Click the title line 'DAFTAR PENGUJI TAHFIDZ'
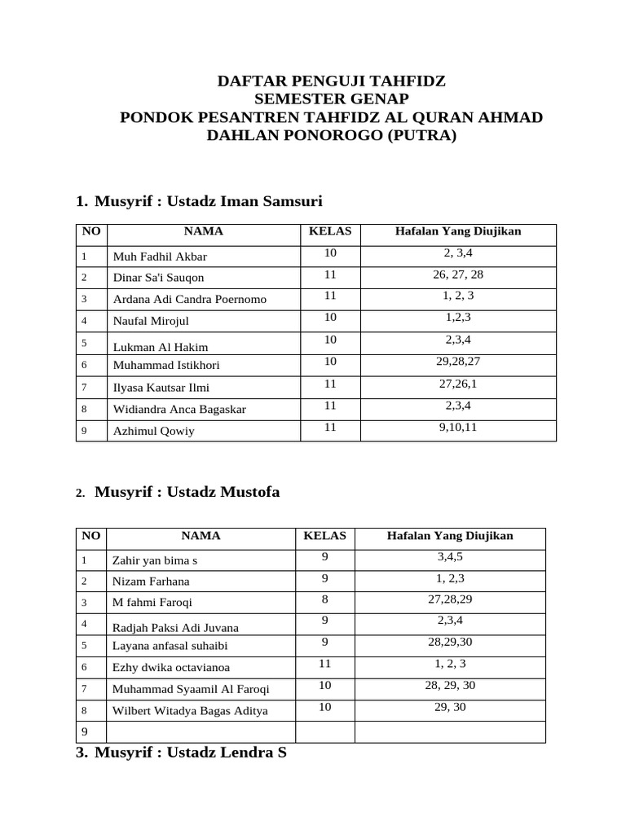tap(331, 81)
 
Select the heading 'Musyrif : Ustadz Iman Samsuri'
tap(209, 200)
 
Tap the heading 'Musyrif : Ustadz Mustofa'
tap(187, 491)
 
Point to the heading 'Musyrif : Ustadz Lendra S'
tap(191, 753)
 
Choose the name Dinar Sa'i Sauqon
tap(159, 278)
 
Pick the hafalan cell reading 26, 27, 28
tap(458, 274)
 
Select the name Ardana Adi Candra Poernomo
tap(190, 299)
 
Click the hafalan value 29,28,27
tap(458, 361)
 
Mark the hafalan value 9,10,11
tap(458, 425)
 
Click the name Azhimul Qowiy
tap(154, 431)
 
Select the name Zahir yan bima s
tap(155, 560)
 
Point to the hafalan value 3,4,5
tap(450, 557)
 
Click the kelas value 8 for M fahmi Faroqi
tap(324, 599)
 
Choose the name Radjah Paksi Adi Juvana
tap(176, 627)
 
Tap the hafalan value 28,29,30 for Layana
tap(450, 642)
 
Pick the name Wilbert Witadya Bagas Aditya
tap(190, 710)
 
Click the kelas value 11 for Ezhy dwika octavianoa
tap(324, 664)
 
